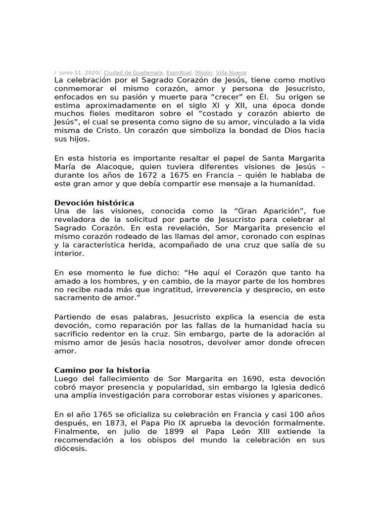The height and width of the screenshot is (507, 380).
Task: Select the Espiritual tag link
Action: tap(179, 72)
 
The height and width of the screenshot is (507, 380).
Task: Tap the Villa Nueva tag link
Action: tap(232, 72)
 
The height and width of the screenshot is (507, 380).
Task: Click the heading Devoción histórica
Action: tap(94, 203)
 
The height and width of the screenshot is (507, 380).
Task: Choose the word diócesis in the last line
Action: tap(70, 449)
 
